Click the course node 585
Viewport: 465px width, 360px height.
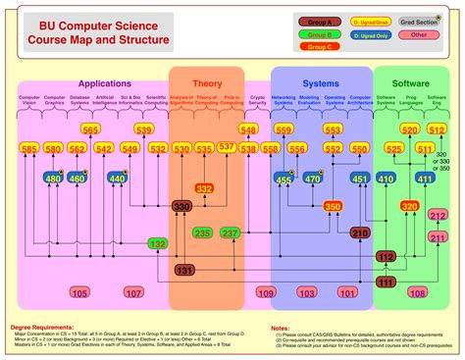[28, 148]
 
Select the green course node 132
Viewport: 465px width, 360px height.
[157, 242]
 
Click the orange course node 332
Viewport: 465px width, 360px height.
[204, 188]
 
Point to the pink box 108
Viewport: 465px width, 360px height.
[417, 292]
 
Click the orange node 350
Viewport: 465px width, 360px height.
[333, 206]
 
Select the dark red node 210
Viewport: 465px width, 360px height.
[360, 233]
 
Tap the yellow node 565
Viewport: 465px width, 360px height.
[90, 129]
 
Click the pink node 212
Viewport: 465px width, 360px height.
[438, 215]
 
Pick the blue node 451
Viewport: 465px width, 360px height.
[360, 179]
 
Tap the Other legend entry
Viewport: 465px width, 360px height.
[419, 34]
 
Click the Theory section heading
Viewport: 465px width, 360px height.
[207, 84]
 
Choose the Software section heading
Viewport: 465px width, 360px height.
[410, 84]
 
